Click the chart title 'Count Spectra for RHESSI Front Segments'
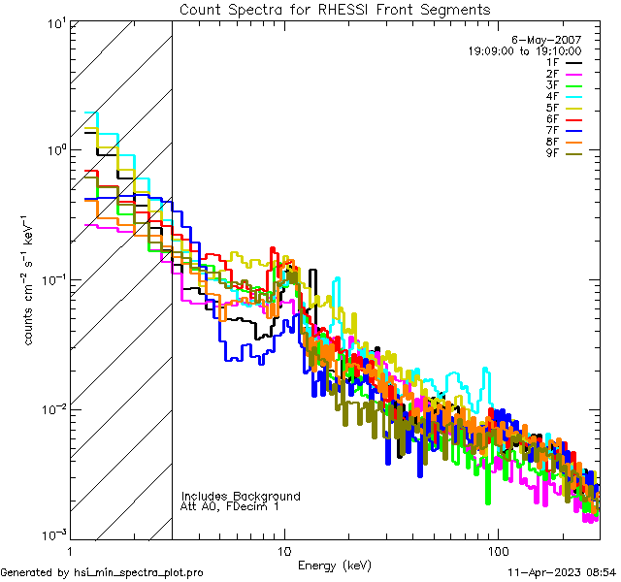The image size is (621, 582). (335, 10)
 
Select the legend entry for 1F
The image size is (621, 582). (563, 62)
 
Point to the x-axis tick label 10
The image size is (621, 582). (284, 550)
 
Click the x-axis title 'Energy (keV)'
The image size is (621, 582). (335, 566)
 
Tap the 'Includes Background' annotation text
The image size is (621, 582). (241, 496)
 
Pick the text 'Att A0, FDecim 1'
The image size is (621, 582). (230, 506)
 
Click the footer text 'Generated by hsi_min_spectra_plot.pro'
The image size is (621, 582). (103, 572)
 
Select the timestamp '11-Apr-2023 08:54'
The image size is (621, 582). (560, 572)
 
